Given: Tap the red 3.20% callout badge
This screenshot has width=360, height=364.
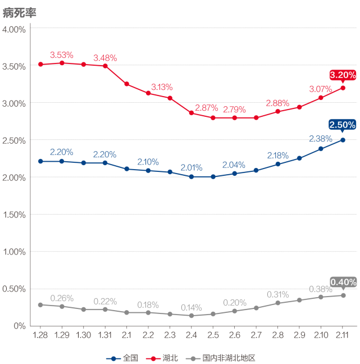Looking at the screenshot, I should (343, 75).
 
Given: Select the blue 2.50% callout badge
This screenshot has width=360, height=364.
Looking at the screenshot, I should (343, 125).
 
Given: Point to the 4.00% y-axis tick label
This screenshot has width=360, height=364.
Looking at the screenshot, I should (14, 29).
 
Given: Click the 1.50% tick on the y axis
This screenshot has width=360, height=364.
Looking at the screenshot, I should (14, 215).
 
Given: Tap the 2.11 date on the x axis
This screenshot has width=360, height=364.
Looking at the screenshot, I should (342, 335).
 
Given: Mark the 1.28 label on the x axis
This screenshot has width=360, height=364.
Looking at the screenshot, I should (40, 335).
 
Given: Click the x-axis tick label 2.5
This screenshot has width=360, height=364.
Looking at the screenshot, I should (213, 335).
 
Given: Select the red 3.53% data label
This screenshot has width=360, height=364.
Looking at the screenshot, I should (62, 55).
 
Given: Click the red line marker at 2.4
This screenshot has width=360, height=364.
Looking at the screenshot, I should (192, 113).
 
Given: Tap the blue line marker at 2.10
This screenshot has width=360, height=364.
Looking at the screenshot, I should (321, 149).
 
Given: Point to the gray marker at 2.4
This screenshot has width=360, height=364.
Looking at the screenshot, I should (192, 316).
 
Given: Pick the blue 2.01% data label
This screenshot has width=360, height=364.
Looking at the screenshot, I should (192, 167).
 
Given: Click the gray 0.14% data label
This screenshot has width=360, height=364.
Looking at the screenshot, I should (192, 307).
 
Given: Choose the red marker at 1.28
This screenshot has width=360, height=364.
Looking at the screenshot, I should (40, 64).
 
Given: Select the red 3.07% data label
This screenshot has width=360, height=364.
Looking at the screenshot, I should (321, 89).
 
